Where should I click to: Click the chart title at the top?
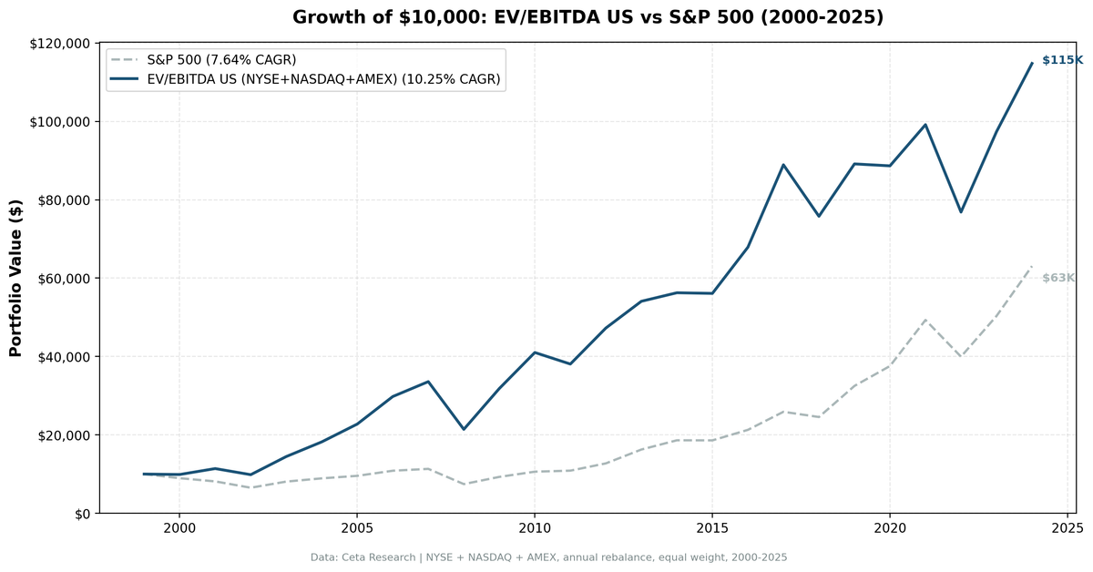(x=587, y=17)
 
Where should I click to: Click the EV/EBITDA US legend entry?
(x=323, y=79)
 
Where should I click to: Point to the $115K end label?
(x=1062, y=60)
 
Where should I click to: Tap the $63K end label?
(x=1058, y=278)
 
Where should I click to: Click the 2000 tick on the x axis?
(x=179, y=527)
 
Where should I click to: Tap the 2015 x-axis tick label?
(x=712, y=527)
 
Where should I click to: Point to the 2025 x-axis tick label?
(x=1067, y=527)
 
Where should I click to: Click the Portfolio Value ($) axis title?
(x=15, y=278)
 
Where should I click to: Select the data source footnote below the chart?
(x=548, y=557)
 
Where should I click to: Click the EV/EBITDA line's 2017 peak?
(x=783, y=165)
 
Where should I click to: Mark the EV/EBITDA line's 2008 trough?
(x=464, y=429)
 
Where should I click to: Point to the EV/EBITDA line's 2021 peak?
(x=925, y=125)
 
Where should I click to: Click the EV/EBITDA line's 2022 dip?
(x=961, y=212)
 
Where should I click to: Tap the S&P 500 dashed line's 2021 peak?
(x=925, y=320)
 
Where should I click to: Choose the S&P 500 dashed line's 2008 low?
(x=464, y=484)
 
